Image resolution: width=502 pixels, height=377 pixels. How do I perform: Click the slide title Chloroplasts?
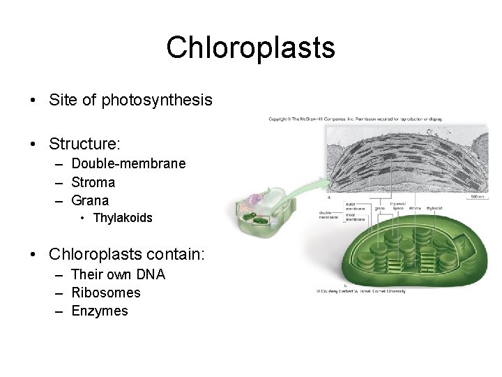(250, 48)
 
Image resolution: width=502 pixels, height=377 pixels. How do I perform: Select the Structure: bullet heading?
(84, 145)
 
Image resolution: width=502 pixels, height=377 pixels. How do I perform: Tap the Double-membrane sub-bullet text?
(128, 163)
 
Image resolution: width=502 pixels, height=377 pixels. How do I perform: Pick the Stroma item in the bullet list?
(93, 182)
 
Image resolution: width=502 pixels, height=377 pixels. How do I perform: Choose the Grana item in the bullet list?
(91, 200)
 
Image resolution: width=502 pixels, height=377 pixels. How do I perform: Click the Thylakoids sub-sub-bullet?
(122, 218)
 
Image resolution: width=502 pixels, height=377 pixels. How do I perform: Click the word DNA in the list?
(151, 274)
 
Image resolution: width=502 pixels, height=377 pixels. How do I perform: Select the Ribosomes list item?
(106, 293)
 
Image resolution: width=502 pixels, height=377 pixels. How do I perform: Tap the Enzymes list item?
(100, 311)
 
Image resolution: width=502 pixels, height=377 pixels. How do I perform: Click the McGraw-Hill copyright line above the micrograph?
(356, 119)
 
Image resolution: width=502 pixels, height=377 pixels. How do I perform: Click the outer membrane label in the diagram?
(356, 207)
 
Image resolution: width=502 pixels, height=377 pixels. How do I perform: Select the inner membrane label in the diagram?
(356, 217)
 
